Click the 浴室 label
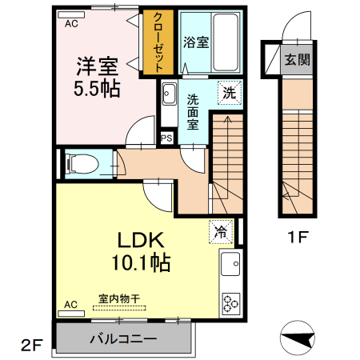point(195,42)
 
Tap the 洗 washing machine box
point(229,91)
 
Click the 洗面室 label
point(194,112)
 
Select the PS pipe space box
point(167,138)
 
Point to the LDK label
point(142,239)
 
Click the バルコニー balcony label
point(123,339)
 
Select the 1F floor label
point(298,237)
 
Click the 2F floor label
point(30,346)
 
